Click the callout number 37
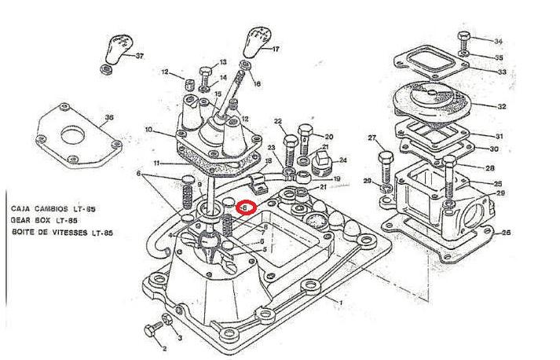point(140,56)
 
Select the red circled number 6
point(245,208)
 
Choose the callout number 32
point(500,105)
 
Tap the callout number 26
point(505,233)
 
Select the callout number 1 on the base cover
point(340,302)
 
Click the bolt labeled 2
point(151,328)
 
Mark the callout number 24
point(342,161)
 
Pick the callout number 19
point(336,179)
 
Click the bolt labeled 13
point(206,74)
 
